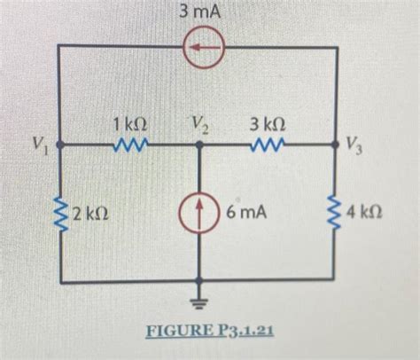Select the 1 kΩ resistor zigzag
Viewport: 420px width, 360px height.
pyautogui.click(x=129, y=144)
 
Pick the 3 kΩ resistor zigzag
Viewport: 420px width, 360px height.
pyautogui.click(x=268, y=144)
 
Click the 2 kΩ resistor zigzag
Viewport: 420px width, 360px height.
pyautogui.click(x=59, y=214)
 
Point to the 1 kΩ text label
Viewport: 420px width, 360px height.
pyautogui.click(x=129, y=125)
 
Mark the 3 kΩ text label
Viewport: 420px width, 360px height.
pyautogui.click(x=268, y=123)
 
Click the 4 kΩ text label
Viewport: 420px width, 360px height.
pyautogui.click(x=366, y=214)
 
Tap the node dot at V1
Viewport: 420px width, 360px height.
pyautogui.click(x=59, y=144)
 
